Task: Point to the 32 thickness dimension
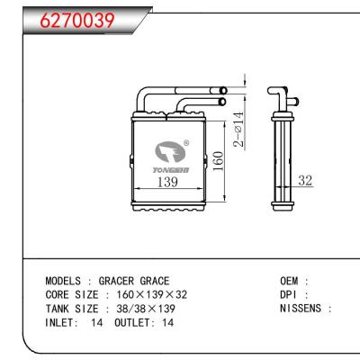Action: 305,182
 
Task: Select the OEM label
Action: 290,281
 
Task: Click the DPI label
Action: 290,294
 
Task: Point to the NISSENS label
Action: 304,308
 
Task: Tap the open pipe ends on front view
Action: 220,95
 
